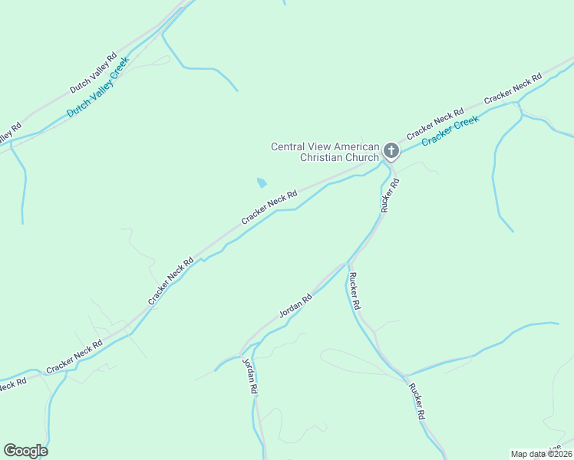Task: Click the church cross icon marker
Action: coord(391,151)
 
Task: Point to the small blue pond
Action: coord(262,182)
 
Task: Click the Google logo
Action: coord(25,451)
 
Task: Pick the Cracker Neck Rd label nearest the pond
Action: coord(269,208)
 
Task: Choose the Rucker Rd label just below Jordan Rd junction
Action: coord(355,291)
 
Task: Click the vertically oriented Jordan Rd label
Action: coord(249,376)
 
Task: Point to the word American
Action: coord(359,146)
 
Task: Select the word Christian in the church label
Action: coord(322,158)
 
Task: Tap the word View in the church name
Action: coord(323,146)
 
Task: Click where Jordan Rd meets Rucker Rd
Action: coord(347,264)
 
